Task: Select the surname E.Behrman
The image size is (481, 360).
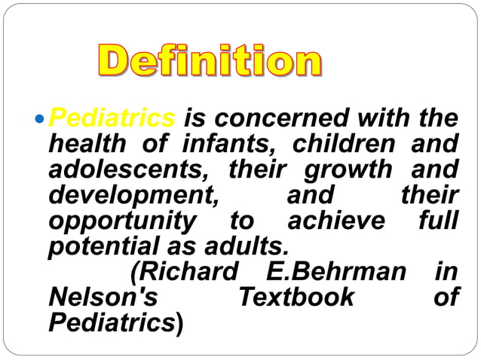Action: click(x=336, y=271)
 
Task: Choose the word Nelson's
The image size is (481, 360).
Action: click(x=103, y=297)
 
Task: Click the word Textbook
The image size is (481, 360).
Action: click(x=295, y=297)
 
